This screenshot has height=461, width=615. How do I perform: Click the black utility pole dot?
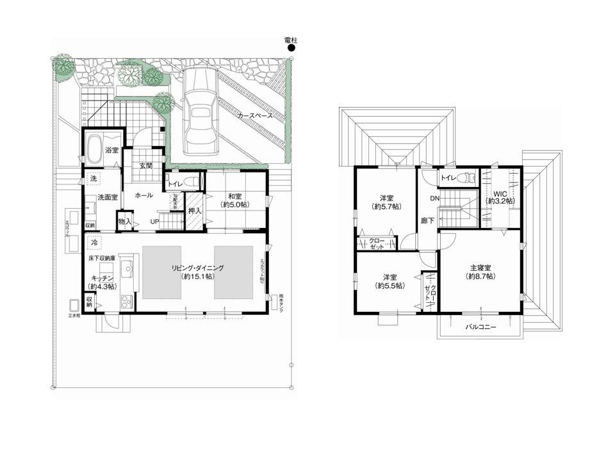tap(291, 47)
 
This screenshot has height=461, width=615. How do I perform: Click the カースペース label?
tap(254, 116)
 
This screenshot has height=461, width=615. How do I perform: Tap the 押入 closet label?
tap(195, 210)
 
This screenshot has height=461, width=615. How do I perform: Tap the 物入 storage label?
tap(125, 222)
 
